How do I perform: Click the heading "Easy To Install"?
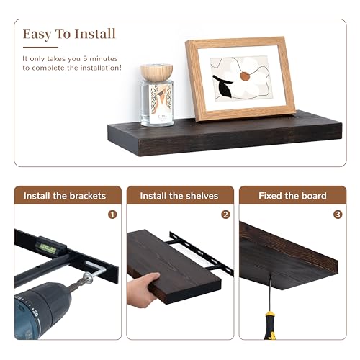[x=69, y=34]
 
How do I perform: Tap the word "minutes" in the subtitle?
[x=104, y=59]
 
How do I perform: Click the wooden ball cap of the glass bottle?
[x=156, y=72]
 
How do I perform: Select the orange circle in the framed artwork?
[x=245, y=76]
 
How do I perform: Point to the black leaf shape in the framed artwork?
[x=222, y=86]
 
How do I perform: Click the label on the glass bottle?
[x=161, y=104]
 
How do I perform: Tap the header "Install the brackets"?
[x=65, y=196]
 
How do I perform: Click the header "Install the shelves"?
[x=179, y=196]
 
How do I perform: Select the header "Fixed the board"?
[x=292, y=196]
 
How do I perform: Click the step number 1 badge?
[x=112, y=215]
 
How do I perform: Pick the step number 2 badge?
[x=225, y=215]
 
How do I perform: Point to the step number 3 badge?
[x=338, y=215]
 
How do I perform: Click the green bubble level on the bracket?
[x=48, y=248]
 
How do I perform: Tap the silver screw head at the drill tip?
[x=88, y=278]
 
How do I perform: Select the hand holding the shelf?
[x=142, y=290]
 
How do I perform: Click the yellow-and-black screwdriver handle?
[x=269, y=325]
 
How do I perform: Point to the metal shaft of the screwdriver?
[x=270, y=293]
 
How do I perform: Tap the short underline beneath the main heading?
[x=40, y=47]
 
